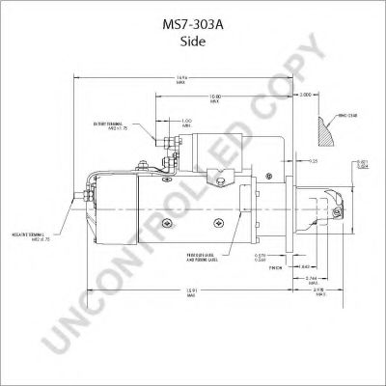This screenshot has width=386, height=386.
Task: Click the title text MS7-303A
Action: coord(192,14)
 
